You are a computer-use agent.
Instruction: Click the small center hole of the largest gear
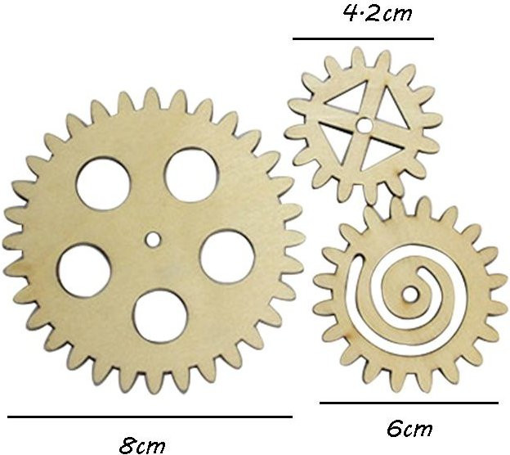[x=152, y=240]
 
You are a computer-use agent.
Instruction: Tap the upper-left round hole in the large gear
[x=103, y=184]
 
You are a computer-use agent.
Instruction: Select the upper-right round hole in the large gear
[x=191, y=175]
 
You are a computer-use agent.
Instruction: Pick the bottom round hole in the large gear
[x=161, y=317]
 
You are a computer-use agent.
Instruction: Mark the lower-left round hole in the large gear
[x=85, y=271]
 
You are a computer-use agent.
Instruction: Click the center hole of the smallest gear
[x=364, y=125]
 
